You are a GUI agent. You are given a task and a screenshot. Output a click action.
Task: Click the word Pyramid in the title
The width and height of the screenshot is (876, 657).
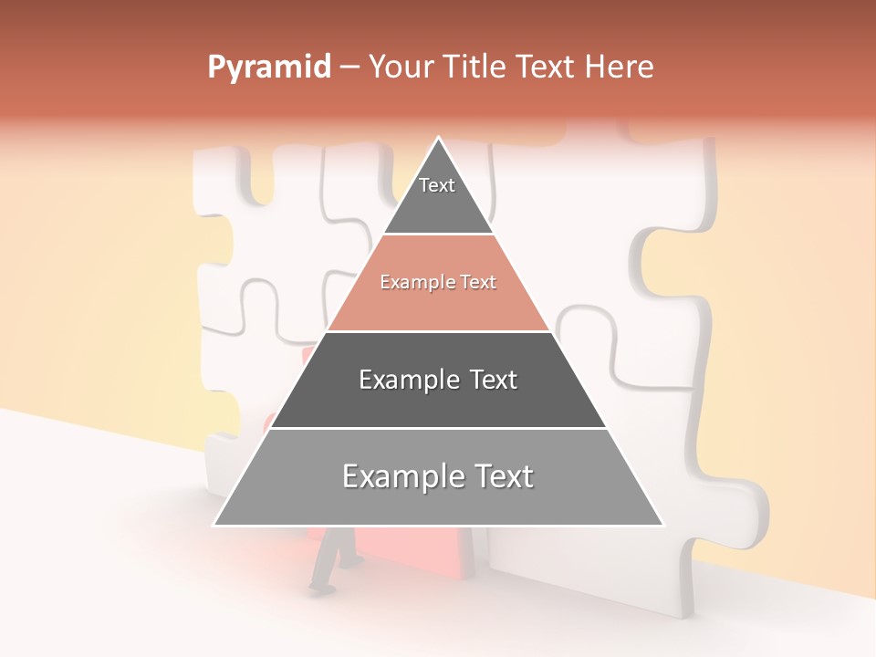coord(269,68)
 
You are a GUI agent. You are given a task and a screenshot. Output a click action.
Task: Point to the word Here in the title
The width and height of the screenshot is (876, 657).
coord(619,67)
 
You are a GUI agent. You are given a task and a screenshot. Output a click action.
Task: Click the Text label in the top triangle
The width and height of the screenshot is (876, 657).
coord(437,185)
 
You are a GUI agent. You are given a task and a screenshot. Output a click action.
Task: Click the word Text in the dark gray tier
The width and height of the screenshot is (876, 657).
coord(494,380)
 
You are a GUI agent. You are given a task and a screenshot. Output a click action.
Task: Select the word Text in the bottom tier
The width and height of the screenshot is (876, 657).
coord(499,476)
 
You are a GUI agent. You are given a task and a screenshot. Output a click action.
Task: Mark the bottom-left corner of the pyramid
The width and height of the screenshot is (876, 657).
coord(214,525)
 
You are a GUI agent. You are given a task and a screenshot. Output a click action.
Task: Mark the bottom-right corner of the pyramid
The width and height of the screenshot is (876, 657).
coord(663,525)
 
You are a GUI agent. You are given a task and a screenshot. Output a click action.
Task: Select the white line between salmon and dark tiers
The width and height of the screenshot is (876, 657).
coord(438,331)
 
